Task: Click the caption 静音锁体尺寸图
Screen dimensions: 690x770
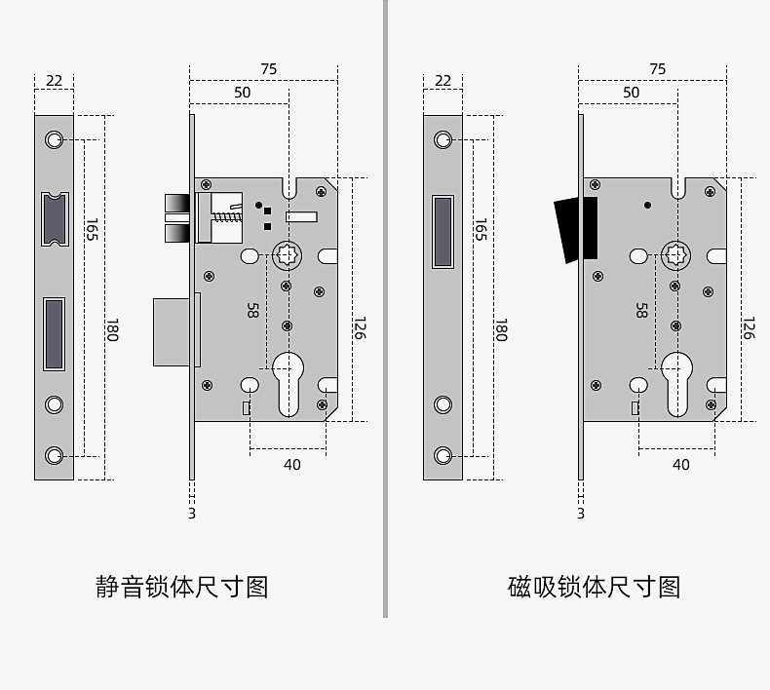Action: tap(181, 587)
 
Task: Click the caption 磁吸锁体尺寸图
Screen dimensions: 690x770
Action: tap(594, 587)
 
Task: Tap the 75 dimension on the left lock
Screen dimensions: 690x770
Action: tap(269, 69)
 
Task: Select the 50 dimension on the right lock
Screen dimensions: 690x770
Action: tap(631, 93)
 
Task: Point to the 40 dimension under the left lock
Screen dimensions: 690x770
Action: tap(292, 465)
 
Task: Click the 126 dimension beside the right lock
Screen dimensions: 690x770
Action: tap(748, 327)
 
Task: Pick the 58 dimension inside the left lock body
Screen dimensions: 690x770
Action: tap(252, 310)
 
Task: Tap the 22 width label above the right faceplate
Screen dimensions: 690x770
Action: tap(443, 80)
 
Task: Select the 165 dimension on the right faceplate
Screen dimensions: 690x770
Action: tap(480, 231)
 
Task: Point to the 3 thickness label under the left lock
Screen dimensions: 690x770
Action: tap(192, 514)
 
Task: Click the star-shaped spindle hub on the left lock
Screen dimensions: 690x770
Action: tap(289, 255)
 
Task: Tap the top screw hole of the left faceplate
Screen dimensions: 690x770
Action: tap(55, 140)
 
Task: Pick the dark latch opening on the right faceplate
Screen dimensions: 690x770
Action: tap(443, 231)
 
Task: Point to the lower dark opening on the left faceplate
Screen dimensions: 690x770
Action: tap(55, 334)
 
